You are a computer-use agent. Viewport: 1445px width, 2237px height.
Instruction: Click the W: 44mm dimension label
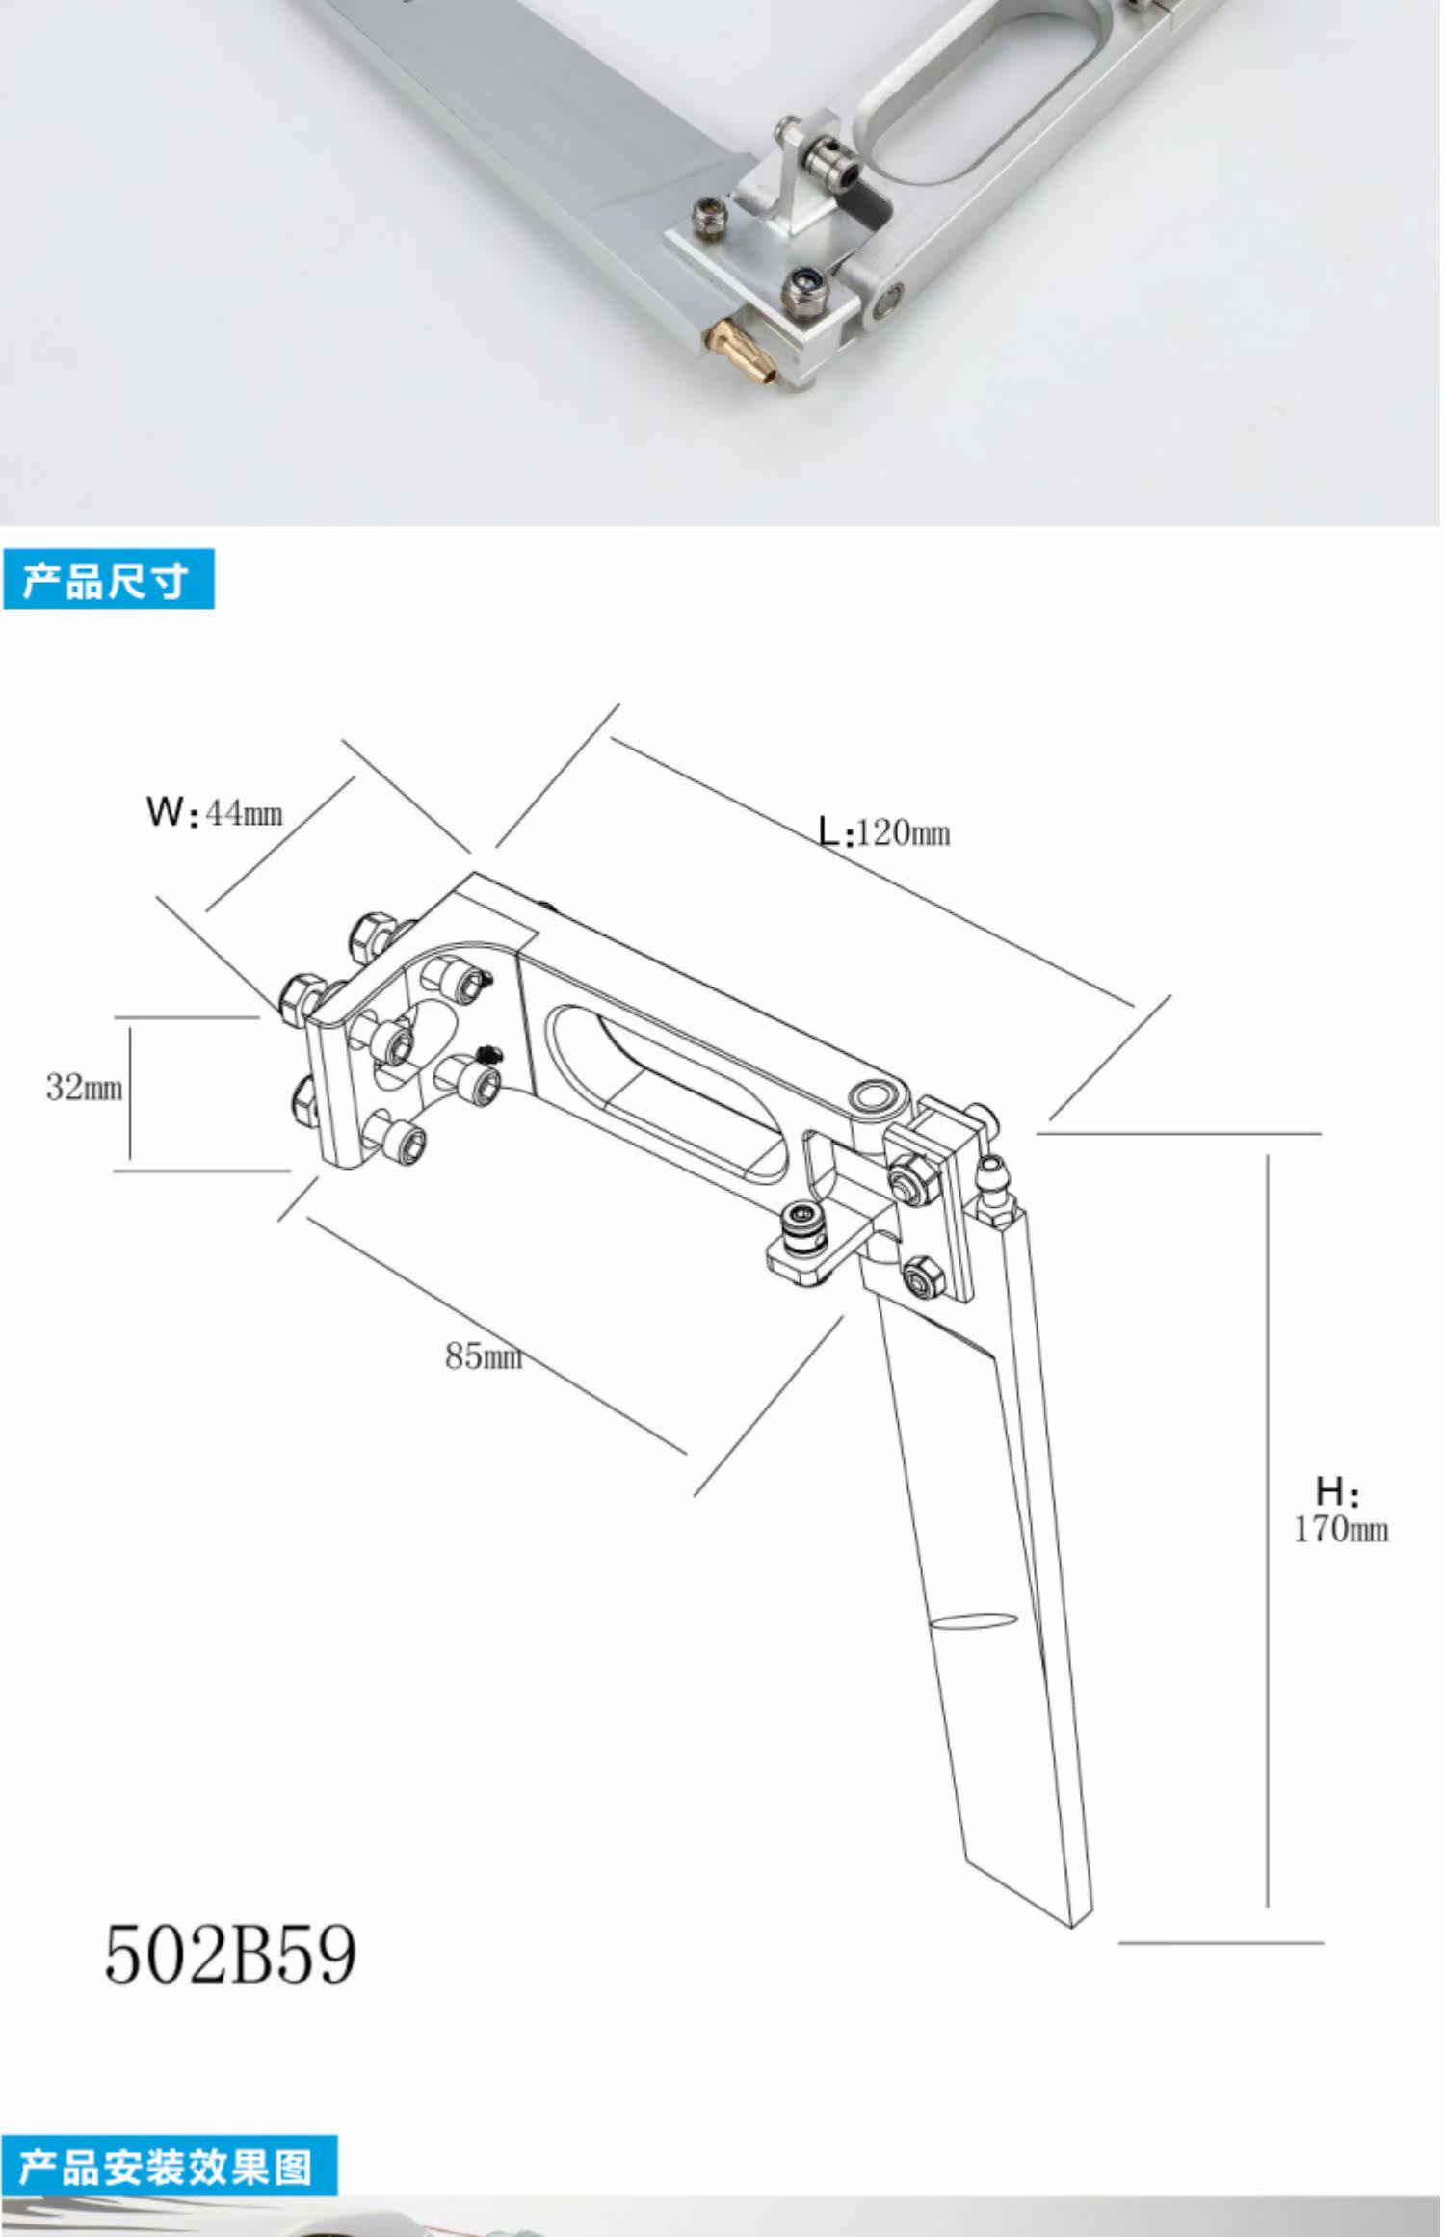click(x=215, y=812)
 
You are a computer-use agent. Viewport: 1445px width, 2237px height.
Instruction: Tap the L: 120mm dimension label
click(x=884, y=831)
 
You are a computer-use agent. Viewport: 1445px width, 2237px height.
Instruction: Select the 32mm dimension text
click(x=85, y=1088)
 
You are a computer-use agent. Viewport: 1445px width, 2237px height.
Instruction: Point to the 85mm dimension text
click(x=484, y=1356)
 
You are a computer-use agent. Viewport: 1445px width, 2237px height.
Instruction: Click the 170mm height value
click(x=1341, y=1530)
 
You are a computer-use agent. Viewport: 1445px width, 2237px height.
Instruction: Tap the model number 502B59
click(x=230, y=1954)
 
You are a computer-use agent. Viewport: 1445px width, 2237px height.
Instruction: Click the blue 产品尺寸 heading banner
click(x=108, y=579)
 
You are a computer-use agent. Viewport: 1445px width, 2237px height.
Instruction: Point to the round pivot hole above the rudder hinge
click(x=875, y=1095)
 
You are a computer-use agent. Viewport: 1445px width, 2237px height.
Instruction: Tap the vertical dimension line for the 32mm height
click(x=130, y=1093)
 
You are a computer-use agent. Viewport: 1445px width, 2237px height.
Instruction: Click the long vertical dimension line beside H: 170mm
click(x=1268, y=1531)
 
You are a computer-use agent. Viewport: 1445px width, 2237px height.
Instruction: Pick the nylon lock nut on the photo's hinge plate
click(x=802, y=284)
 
